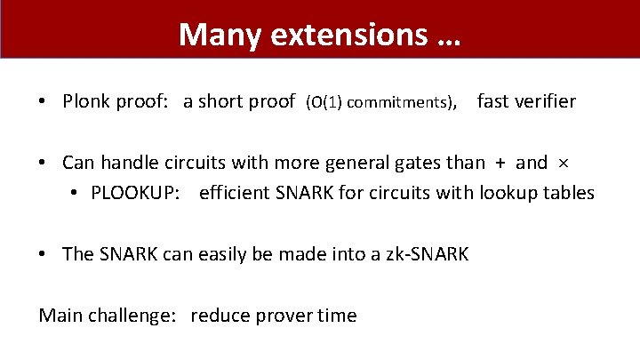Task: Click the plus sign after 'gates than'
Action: (500, 163)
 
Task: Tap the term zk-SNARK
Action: (426, 254)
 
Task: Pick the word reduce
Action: (219, 316)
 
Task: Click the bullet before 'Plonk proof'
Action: (44, 102)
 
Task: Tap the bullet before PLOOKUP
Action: (73, 194)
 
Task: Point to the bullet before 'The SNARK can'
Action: (44, 255)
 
